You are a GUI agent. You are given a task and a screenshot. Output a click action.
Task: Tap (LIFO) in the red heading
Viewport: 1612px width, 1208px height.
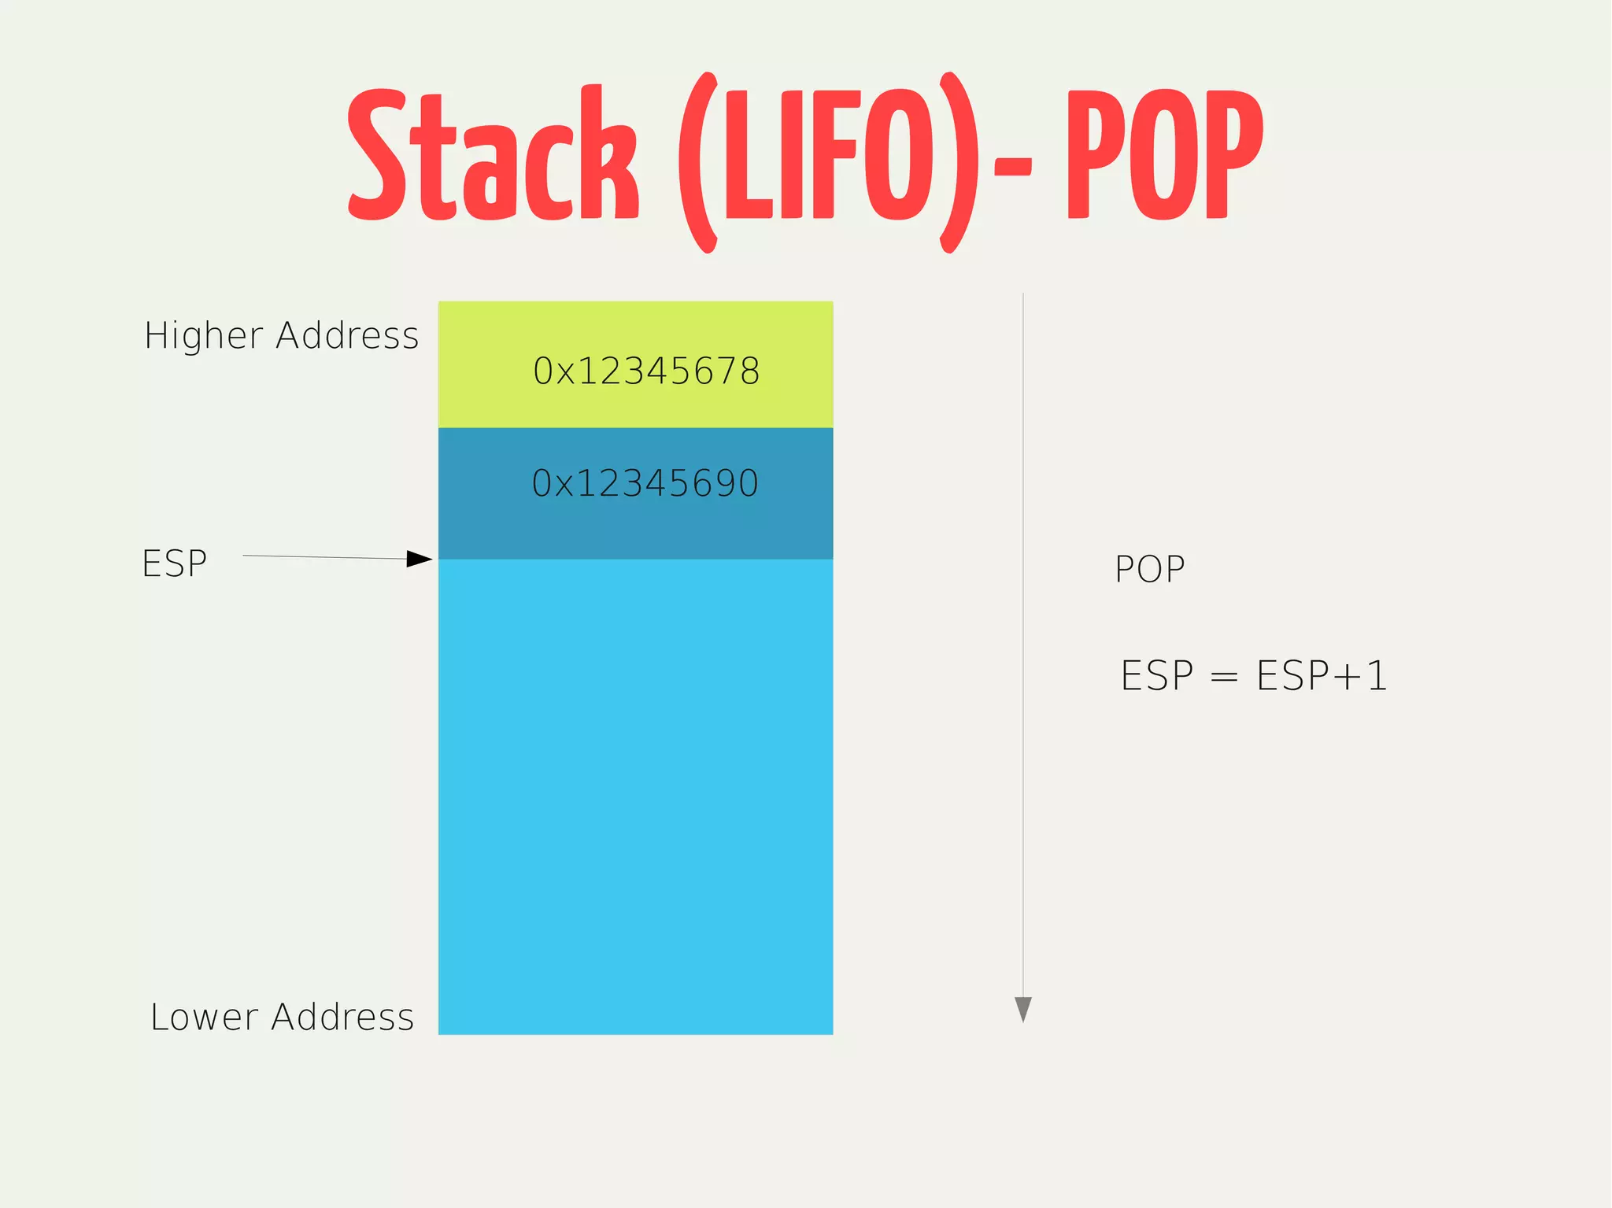(x=828, y=161)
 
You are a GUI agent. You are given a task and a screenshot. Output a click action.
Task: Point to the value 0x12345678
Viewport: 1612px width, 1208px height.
(x=646, y=371)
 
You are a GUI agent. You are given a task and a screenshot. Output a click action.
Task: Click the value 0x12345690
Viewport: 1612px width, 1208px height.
(x=645, y=483)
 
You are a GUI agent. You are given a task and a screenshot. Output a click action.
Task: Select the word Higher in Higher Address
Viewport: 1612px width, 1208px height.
(x=203, y=336)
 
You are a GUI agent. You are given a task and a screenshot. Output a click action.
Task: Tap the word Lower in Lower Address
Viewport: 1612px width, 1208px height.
(x=205, y=1017)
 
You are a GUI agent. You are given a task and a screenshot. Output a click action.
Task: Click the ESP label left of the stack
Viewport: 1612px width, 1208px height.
(x=174, y=563)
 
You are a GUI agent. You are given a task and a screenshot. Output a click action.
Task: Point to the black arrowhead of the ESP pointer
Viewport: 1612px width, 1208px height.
(x=420, y=559)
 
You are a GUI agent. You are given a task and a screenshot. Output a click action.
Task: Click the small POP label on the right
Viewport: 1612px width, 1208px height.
(x=1149, y=569)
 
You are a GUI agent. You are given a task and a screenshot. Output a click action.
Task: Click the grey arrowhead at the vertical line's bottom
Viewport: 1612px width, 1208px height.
(x=1022, y=1008)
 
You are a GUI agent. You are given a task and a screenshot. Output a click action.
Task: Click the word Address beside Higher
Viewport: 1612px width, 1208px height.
(x=347, y=336)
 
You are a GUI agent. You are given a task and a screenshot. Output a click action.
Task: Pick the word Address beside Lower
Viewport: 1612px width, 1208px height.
(x=342, y=1017)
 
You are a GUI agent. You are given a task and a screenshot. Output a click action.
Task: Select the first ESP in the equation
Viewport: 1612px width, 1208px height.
(x=1156, y=676)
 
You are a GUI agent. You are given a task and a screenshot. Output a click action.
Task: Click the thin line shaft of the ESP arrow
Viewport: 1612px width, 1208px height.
(x=323, y=557)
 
